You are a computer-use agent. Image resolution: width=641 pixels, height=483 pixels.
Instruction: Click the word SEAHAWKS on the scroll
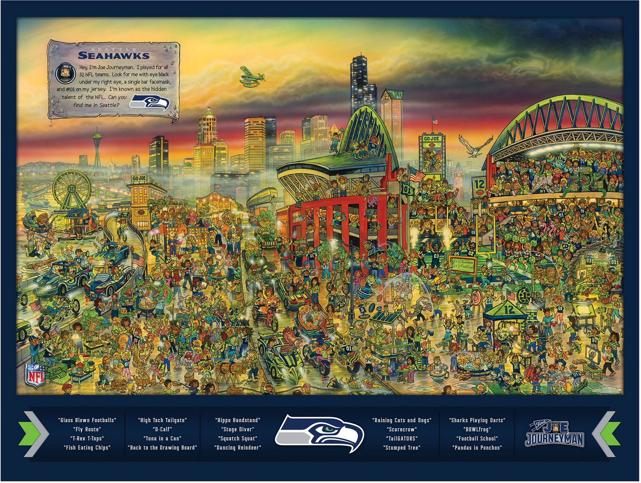114,56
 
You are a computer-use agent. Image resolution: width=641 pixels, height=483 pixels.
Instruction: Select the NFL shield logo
36,375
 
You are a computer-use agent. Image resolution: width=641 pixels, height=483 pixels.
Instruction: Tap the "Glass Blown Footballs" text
87,420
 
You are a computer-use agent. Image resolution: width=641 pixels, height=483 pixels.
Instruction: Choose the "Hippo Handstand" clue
238,420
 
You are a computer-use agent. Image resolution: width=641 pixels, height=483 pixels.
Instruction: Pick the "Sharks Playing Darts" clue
477,420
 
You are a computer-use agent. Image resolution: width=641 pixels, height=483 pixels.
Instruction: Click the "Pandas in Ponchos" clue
477,447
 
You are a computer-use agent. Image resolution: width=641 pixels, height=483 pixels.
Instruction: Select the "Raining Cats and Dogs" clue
402,420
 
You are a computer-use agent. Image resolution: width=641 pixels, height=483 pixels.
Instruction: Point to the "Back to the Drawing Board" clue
162,447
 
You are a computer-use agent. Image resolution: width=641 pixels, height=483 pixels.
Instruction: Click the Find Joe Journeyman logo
554,434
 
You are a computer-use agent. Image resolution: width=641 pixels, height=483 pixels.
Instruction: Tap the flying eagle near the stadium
475,145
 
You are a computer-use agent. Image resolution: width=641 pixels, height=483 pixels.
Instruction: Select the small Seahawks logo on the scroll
150,102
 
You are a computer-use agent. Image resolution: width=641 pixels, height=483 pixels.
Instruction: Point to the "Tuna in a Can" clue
162,439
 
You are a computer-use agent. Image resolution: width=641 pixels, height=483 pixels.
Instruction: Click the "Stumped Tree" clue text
402,447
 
